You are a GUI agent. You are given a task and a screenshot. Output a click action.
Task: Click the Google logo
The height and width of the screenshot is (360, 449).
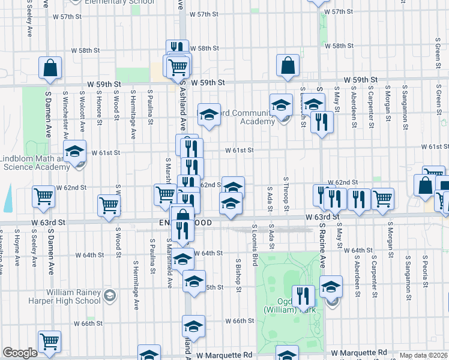click(20, 353)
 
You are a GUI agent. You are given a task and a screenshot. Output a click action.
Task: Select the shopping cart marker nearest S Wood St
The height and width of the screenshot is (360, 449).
click(109, 205)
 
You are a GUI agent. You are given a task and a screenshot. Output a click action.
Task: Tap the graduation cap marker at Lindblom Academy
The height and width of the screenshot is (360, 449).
click(75, 151)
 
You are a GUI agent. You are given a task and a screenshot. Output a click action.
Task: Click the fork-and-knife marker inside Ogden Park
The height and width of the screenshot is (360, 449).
click(303, 295)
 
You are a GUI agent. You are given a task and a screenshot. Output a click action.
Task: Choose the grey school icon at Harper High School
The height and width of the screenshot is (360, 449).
click(110, 295)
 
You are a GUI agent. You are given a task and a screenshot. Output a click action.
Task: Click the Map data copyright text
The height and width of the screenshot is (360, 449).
click(424, 355)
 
